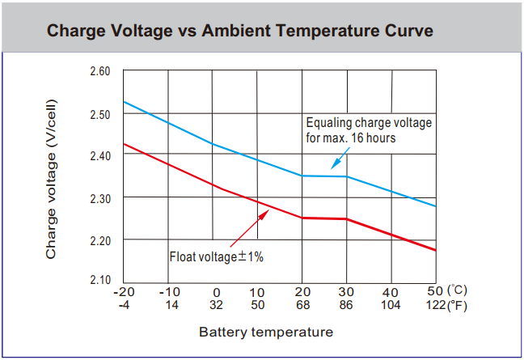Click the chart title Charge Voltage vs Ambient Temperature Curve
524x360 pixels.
click(240, 32)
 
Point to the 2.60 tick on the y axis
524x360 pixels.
click(100, 72)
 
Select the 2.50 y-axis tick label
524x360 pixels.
click(100, 114)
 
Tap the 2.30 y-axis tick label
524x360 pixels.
click(100, 198)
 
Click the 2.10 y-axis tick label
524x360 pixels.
click(100, 280)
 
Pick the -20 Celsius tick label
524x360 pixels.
click(124, 292)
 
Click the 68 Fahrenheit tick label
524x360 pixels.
click(302, 306)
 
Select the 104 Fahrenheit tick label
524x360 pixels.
click(391, 306)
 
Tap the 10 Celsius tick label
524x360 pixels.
click(257, 292)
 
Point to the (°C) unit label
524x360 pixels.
click(458, 290)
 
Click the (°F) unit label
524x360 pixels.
click(458, 306)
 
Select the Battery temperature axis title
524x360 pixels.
click(266, 332)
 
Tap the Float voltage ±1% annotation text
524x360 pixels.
click(217, 256)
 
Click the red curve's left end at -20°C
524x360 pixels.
click(124, 144)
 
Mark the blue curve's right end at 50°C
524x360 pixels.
click(436, 206)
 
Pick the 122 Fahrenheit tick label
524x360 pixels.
click(437, 306)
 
